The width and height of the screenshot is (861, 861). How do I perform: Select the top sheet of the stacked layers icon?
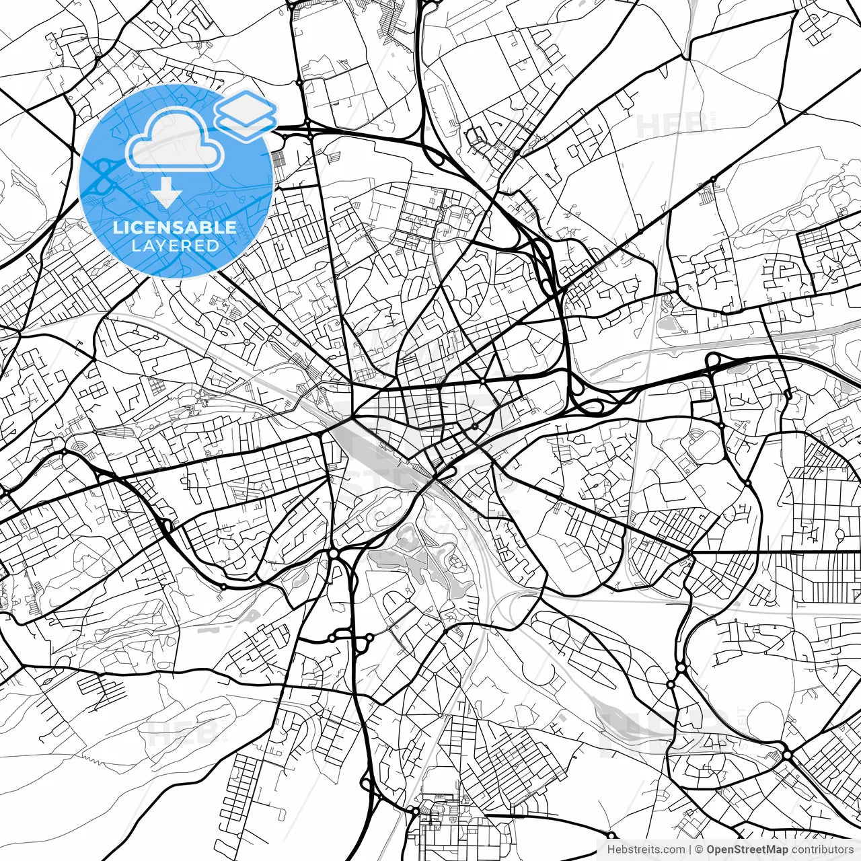[x=246, y=106]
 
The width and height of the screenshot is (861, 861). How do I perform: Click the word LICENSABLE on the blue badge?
[x=175, y=227]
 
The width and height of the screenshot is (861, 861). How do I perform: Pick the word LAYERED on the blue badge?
[x=175, y=246]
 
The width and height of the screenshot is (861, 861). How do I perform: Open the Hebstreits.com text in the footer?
[x=646, y=850]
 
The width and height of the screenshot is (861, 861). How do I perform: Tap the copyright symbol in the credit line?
[x=700, y=850]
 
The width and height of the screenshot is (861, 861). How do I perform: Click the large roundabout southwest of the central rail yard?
[x=333, y=553]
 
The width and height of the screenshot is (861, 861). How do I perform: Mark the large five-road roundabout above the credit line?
[x=787, y=755]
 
